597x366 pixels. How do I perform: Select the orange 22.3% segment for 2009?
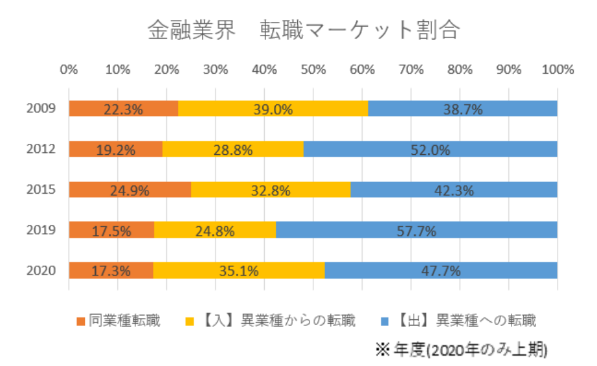(123, 109)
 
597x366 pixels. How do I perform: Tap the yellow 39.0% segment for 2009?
(273, 109)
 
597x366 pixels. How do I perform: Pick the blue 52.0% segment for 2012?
(430, 150)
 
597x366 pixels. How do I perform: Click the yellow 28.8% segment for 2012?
(232, 150)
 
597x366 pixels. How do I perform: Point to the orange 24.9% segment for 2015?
(130, 190)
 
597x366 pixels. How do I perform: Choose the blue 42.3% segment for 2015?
(453, 190)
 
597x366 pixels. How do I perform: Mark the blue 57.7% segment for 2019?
(416, 230)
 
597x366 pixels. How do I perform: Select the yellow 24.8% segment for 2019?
(215, 230)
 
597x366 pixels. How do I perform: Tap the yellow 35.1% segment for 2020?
(239, 270)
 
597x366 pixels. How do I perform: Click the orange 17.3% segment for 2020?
(111, 270)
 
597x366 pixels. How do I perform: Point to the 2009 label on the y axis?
(39, 109)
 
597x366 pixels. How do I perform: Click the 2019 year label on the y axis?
(39, 230)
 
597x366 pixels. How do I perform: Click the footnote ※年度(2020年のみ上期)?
(462, 349)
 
